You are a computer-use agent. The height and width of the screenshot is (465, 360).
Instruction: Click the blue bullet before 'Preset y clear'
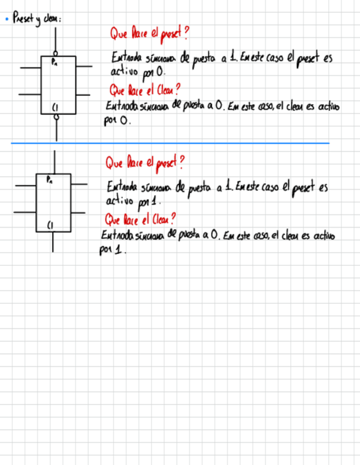5,20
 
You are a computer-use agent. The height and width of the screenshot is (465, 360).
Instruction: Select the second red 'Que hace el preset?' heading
145,162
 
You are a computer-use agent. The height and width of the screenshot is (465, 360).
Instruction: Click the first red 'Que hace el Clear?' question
145,89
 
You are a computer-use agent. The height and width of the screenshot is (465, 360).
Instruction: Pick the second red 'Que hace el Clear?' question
140,220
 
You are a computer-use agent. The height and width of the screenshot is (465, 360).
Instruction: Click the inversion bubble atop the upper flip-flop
55,54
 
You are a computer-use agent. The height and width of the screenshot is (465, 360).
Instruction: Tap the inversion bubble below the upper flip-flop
55,117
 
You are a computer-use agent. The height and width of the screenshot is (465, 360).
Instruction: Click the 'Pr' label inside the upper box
54,62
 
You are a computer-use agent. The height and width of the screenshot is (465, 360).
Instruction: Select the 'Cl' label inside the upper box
55,107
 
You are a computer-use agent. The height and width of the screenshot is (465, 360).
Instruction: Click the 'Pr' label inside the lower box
50,179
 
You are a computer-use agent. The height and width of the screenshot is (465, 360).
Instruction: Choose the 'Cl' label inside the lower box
50,225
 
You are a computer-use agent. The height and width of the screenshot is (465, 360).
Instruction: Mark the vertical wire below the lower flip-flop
53,242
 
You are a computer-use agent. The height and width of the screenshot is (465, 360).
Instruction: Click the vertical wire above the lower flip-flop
54,162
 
